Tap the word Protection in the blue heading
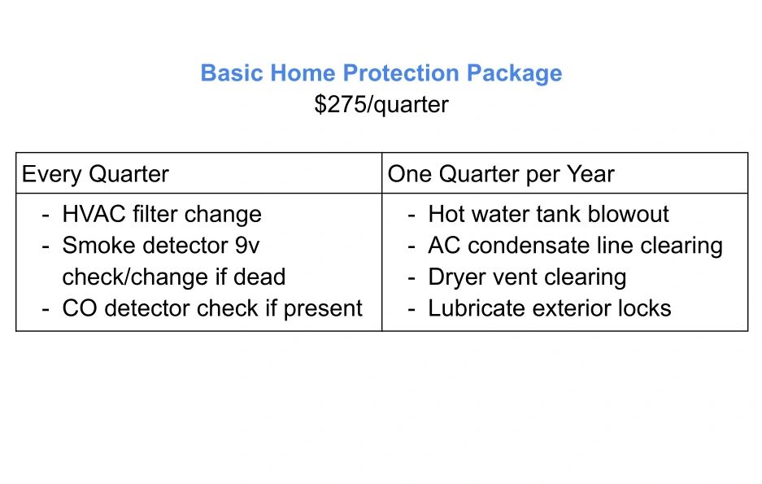(x=401, y=73)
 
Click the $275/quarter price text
(x=381, y=104)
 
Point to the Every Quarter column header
(x=95, y=174)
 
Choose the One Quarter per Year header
(x=501, y=174)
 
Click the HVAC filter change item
(x=162, y=215)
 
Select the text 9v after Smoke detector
(x=247, y=246)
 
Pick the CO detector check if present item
(x=212, y=308)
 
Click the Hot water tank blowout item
(x=549, y=214)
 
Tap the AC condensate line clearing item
(x=576, y=246)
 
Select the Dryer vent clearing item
(x=527, y=277)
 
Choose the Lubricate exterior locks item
(x=550, y=308)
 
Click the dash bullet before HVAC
(x=46, y=216)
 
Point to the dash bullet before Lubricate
(x=411, y=310)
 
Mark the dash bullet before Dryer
(x=411, y=279)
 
